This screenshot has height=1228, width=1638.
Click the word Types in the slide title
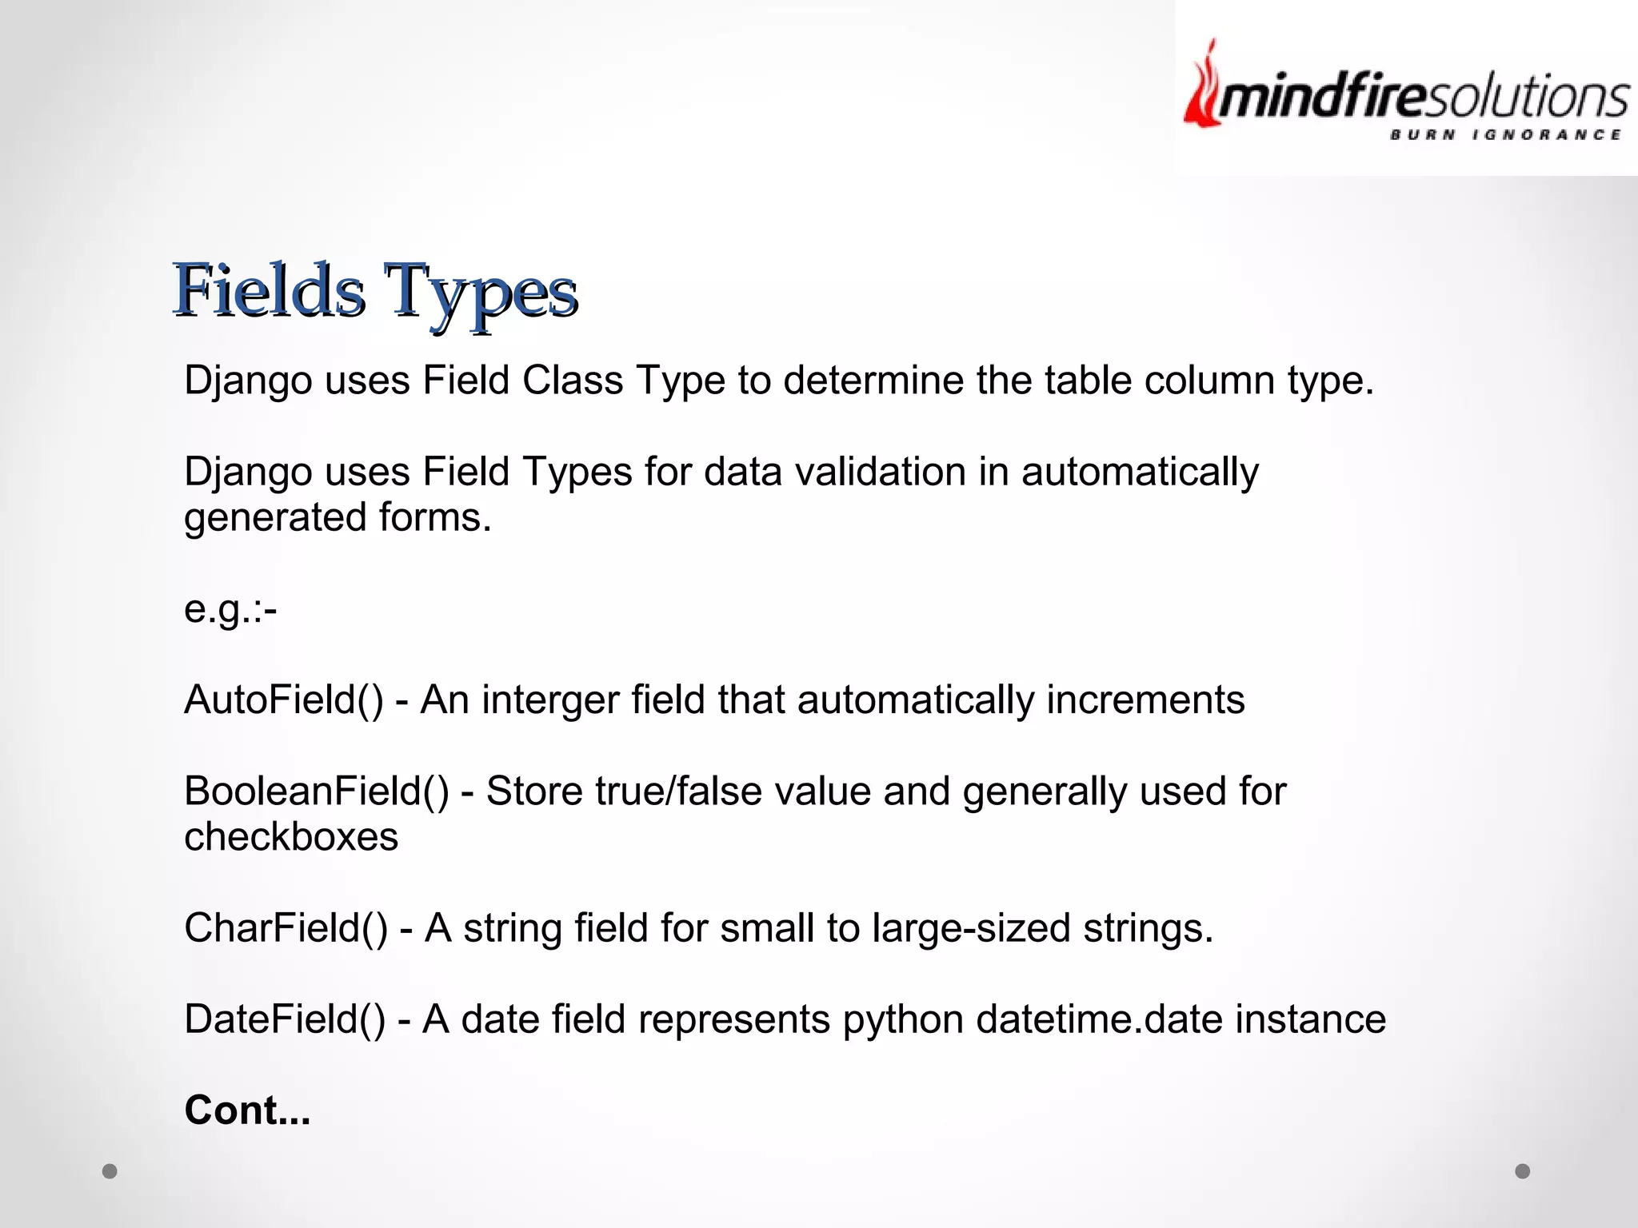pyautogui.click(x=479, y=292)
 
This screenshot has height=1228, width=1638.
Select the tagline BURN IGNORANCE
pyautogui.click(x=1504, y=134)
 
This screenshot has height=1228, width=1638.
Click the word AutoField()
pyautogui.click(x=284, y=700)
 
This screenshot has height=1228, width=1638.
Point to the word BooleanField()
pyautogui.click(x=317, y=791)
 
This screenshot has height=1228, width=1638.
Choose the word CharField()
pyautogui.click(x=286, y=928)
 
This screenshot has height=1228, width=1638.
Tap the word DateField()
pyautogui.click(x=285, y=1019)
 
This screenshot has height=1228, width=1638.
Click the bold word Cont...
pyautogui.click(x=247, y=1110)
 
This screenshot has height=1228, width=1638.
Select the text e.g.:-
pyautogui.click(x=230, y=610)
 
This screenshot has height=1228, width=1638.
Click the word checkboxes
pyautogui.click(x=291, y=837)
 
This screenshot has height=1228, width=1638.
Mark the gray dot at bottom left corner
pyautogui.click(x=110, y=1171)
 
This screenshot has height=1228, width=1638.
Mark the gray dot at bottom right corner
pyautogui.click(x=1523, y=1171)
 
